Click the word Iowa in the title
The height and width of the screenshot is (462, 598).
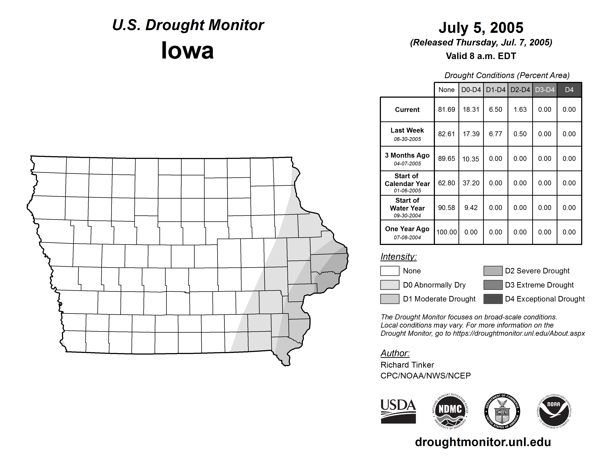[x=187, y=50]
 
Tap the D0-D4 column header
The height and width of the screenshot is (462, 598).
[x=471, y=90]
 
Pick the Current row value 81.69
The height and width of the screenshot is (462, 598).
[x=446, y=109]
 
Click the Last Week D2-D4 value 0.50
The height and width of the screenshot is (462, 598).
[x=520, y=134]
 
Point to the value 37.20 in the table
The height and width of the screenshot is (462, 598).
[x=471, y=183]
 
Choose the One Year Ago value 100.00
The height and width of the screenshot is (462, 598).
[x=446, y=232]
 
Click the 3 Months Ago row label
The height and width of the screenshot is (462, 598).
[x=407, y=159]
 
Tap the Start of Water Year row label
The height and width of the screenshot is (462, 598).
[x=407, y=207]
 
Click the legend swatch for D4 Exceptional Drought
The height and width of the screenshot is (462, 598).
[x=493, y=299]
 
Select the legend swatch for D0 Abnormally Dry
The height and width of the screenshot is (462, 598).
[x=390, y=285]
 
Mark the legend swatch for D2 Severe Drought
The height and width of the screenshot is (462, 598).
[x=493, y=271]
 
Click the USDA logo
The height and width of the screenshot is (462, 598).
[x=398, y=411]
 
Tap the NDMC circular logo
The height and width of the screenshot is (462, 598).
[x=450, y=411]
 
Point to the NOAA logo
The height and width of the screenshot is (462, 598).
[x=554, y=411]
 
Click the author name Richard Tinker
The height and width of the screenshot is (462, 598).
[x=407, y=365]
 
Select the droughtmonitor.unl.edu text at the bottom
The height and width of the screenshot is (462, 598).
[x=483, y=442]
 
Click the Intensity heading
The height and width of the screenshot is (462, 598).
[x=398, y=257]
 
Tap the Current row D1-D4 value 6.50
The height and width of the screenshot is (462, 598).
[x=496, y=109]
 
